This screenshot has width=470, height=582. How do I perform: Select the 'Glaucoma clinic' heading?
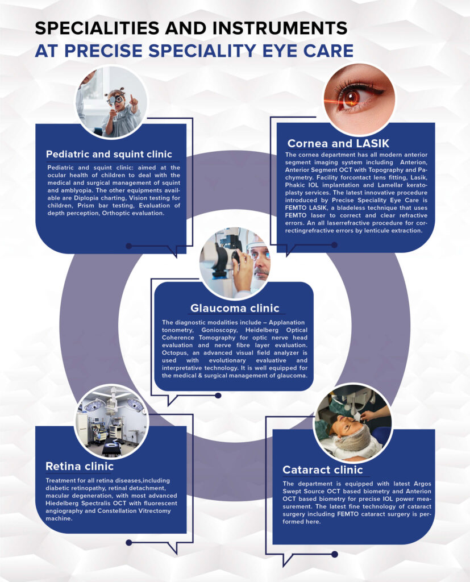click(x=235, y=308)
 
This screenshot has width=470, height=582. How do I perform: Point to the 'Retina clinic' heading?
click(x=80, y=467)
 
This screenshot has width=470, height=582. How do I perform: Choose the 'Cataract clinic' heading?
click(x=322, y=469)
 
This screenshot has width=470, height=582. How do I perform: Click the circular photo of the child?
click(x=111, y=102)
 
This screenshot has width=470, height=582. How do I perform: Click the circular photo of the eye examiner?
click(x=235, y=262)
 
